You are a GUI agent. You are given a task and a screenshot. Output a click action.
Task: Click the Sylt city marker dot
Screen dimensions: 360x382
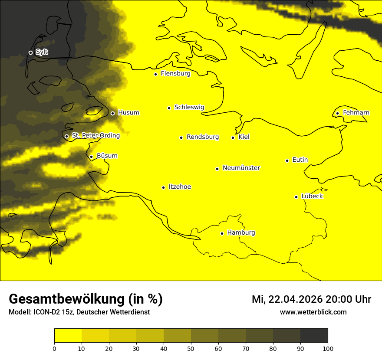coord(30,52)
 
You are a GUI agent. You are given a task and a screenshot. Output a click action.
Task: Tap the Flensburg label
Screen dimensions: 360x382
coord(175,74)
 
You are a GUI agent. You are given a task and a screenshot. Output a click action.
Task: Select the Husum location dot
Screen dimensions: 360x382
coord(112,113)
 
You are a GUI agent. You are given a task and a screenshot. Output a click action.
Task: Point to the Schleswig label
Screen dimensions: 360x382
coord(189,107)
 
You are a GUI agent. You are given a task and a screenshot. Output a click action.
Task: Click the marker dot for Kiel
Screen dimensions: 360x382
coord(233,137)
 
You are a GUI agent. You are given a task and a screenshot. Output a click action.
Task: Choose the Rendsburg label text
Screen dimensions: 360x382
coord(202,137)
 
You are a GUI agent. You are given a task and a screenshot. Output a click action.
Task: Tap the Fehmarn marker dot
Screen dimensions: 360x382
coord(337,114)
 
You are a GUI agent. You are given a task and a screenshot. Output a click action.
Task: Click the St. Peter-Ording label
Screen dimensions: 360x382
coord(95,135)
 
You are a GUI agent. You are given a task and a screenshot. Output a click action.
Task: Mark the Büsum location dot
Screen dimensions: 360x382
coord(91,157)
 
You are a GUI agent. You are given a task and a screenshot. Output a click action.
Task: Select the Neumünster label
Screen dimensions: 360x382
coord(241,168)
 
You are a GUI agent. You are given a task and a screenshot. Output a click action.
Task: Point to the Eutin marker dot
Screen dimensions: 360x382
coord(287,160)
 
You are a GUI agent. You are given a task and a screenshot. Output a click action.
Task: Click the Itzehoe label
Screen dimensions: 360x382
coord(180,187)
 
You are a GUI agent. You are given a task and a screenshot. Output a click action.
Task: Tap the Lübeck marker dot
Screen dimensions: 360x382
coord(296,197)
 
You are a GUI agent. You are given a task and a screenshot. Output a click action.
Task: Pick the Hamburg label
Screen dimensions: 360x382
coord(241,233)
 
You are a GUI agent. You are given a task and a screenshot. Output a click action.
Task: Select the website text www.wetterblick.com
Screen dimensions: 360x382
coord(313,312)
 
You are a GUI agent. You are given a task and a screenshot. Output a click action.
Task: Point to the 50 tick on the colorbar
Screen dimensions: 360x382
coord(191,348)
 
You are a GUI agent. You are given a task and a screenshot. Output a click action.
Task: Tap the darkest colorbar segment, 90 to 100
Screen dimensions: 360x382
coord(314,335)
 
